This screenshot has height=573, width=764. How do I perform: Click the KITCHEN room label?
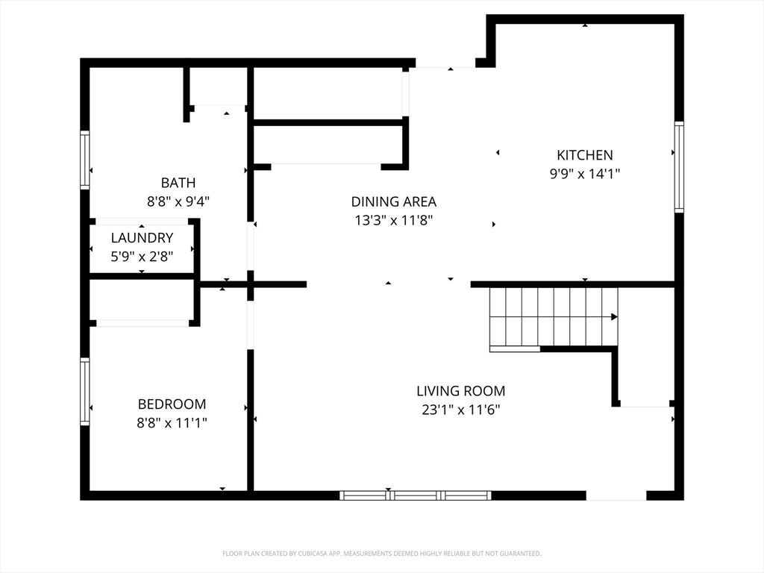585,155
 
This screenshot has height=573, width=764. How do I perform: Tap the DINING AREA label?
394,201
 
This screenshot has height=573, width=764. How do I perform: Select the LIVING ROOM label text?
461,391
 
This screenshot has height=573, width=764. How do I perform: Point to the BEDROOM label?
172,404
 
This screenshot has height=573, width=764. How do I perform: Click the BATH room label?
178,183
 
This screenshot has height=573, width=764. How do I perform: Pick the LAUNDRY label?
142,238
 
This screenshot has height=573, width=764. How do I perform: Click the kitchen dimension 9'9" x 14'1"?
585,173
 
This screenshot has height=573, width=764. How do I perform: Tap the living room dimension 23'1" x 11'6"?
461,410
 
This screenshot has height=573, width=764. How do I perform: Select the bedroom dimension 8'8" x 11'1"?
172,422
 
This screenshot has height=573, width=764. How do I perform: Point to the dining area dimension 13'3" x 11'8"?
394,220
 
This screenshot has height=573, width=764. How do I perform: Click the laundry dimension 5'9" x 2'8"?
142,257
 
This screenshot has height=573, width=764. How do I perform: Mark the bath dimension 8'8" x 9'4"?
178,201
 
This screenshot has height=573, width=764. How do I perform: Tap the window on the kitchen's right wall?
679,166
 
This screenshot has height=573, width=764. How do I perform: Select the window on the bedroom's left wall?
85,392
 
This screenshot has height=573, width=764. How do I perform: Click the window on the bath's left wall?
85,160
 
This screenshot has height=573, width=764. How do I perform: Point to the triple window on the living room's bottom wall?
416,495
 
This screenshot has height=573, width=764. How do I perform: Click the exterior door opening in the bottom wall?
616,495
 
